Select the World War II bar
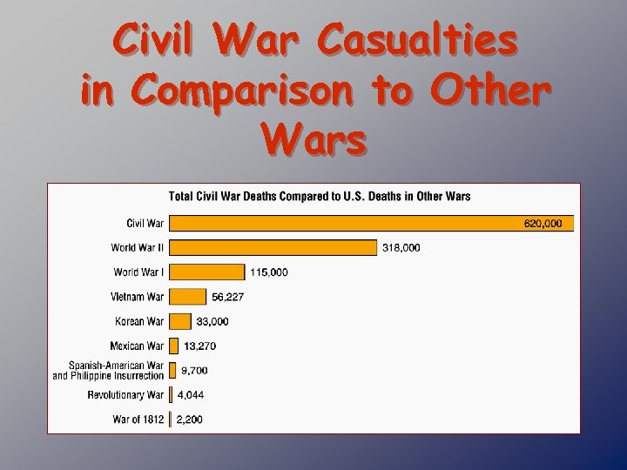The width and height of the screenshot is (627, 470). (273, 247)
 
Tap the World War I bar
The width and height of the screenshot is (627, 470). (206, 272)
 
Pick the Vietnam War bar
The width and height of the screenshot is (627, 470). (187, 296)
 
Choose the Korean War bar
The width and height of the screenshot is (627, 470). (179, 321)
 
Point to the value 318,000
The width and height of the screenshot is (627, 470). (401, 248)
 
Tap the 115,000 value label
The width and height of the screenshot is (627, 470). (269, 272)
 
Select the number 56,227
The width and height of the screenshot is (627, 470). (228, 297)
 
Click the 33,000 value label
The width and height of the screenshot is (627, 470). (212, 321)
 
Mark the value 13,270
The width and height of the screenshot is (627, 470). (199, 346)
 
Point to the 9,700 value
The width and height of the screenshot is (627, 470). (194, 370)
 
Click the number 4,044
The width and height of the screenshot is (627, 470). (190, 394)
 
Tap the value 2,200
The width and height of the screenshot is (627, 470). (189, 420)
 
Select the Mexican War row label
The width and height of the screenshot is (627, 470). (137, 346)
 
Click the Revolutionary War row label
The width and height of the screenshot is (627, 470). (125, 395)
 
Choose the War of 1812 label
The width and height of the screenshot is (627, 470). (138, 420)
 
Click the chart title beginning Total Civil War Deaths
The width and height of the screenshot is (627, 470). (320, 196)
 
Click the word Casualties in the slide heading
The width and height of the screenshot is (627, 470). (416, 40)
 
